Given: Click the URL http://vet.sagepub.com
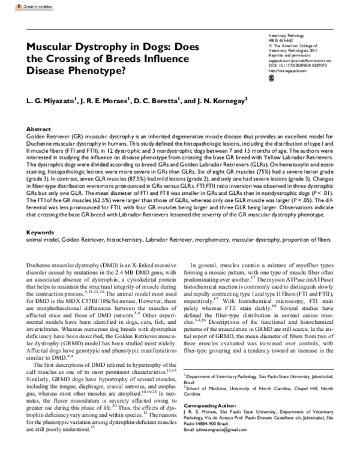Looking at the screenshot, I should pos(285,71).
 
